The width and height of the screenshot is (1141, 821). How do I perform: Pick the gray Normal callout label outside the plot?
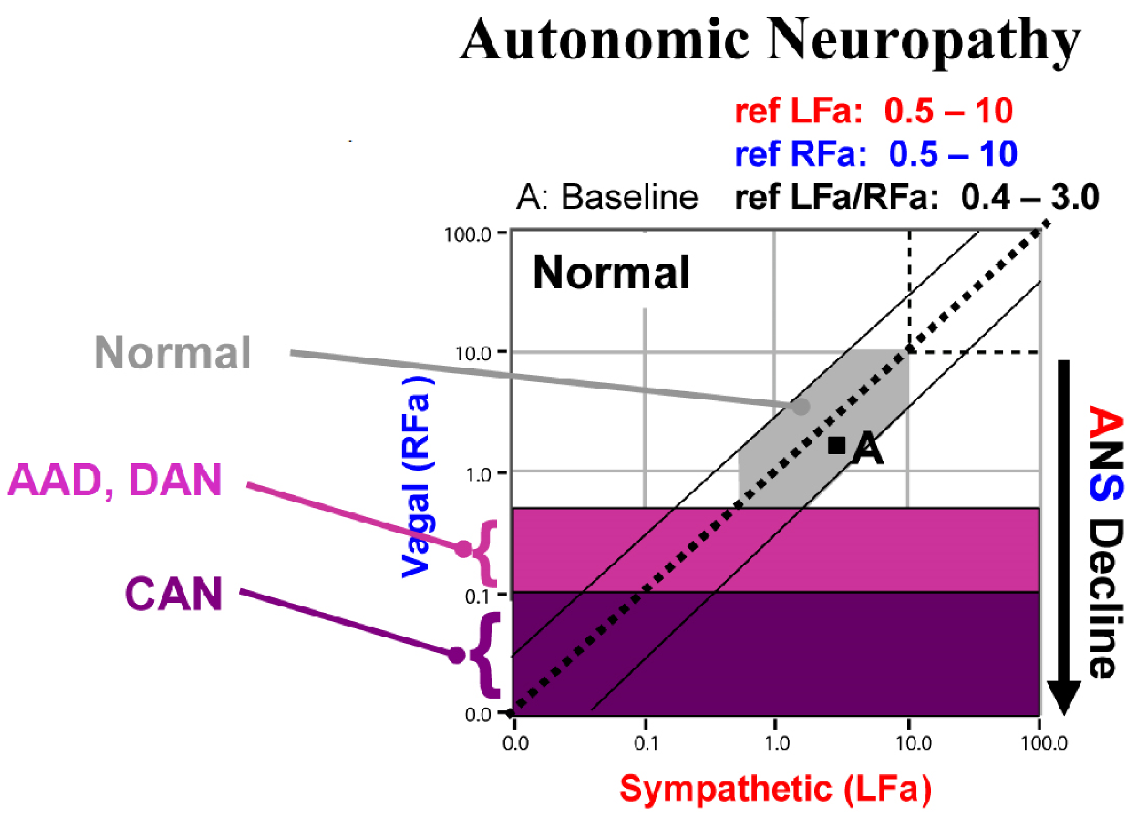pos(173,354)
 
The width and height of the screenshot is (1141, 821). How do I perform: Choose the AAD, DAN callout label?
pos(115,481)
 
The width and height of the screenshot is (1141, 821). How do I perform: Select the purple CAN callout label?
pos(173,594)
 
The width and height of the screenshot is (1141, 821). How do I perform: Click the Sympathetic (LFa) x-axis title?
pos(775,789)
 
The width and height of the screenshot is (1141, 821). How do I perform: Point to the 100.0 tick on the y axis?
pos(468,234)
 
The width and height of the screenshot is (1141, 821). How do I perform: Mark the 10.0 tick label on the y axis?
pos(473,354)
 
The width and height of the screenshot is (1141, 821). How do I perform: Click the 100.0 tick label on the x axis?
pos(1044,743)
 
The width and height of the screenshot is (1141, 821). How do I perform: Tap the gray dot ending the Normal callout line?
pos(801,407)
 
